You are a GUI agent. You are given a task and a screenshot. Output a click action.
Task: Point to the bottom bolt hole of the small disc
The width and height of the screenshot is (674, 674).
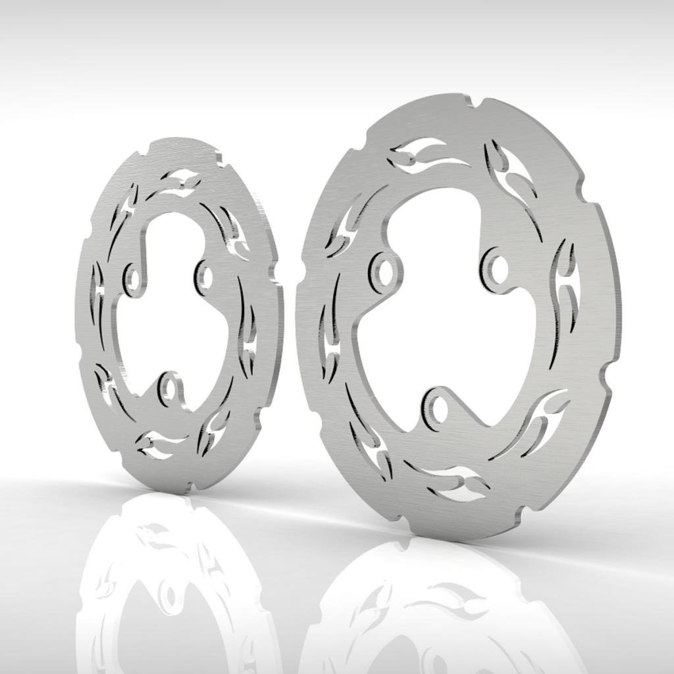coord(170,390)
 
